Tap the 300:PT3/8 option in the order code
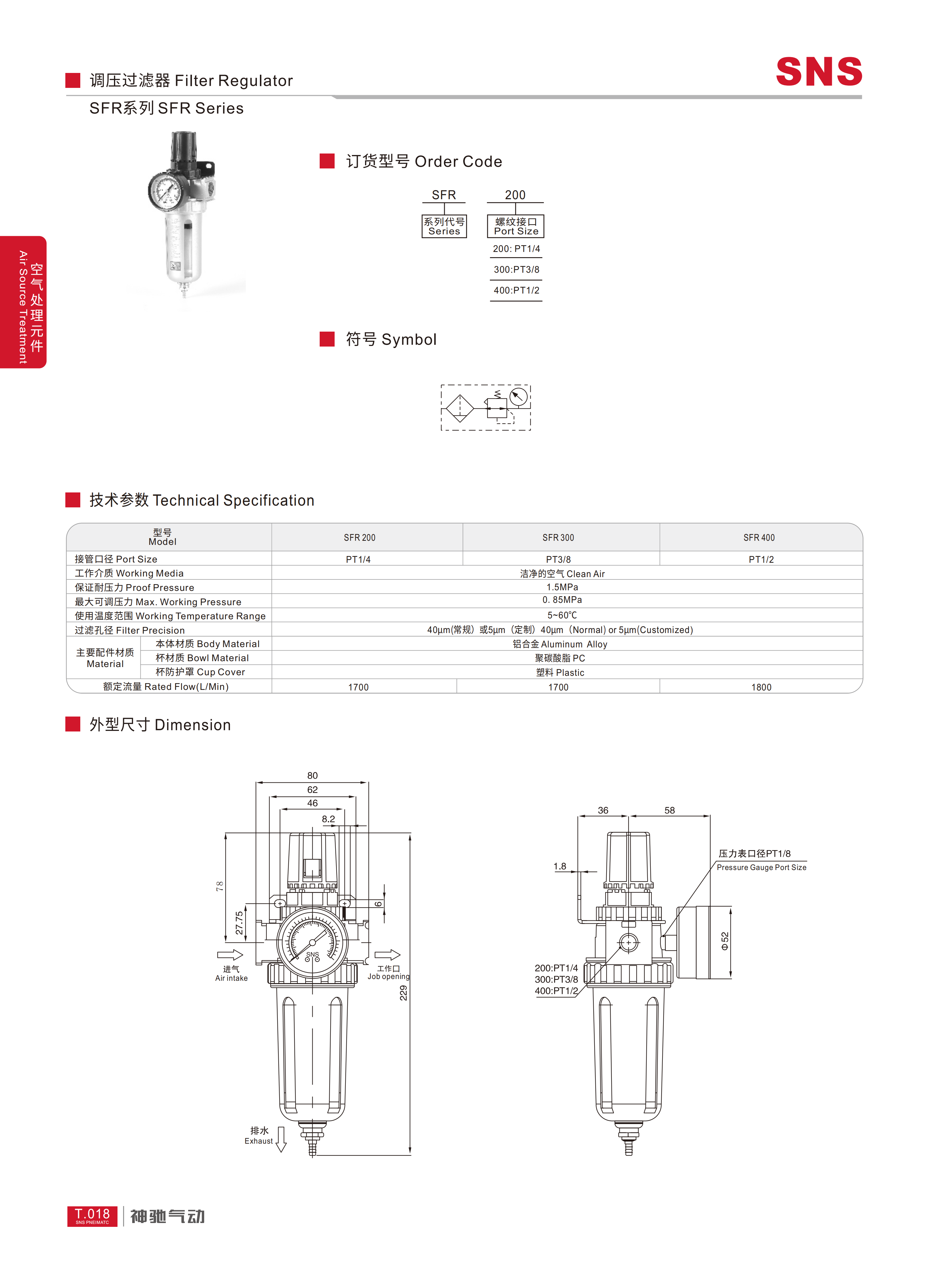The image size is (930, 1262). pyautogui.click(x=516, y=270)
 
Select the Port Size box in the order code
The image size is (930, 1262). pyautogui.click(x=516, y=226)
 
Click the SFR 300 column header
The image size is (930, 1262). pyautogui.click(x=558, y=538)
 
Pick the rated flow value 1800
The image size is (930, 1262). pyautogui.click(x=761, y=687)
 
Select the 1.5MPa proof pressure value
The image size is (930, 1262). pyautogui.click(x=562, y=587)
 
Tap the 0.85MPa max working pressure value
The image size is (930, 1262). pyautogui.click(x=562, y=600)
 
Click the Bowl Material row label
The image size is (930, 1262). pyautogui.click(x=202, y=658)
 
